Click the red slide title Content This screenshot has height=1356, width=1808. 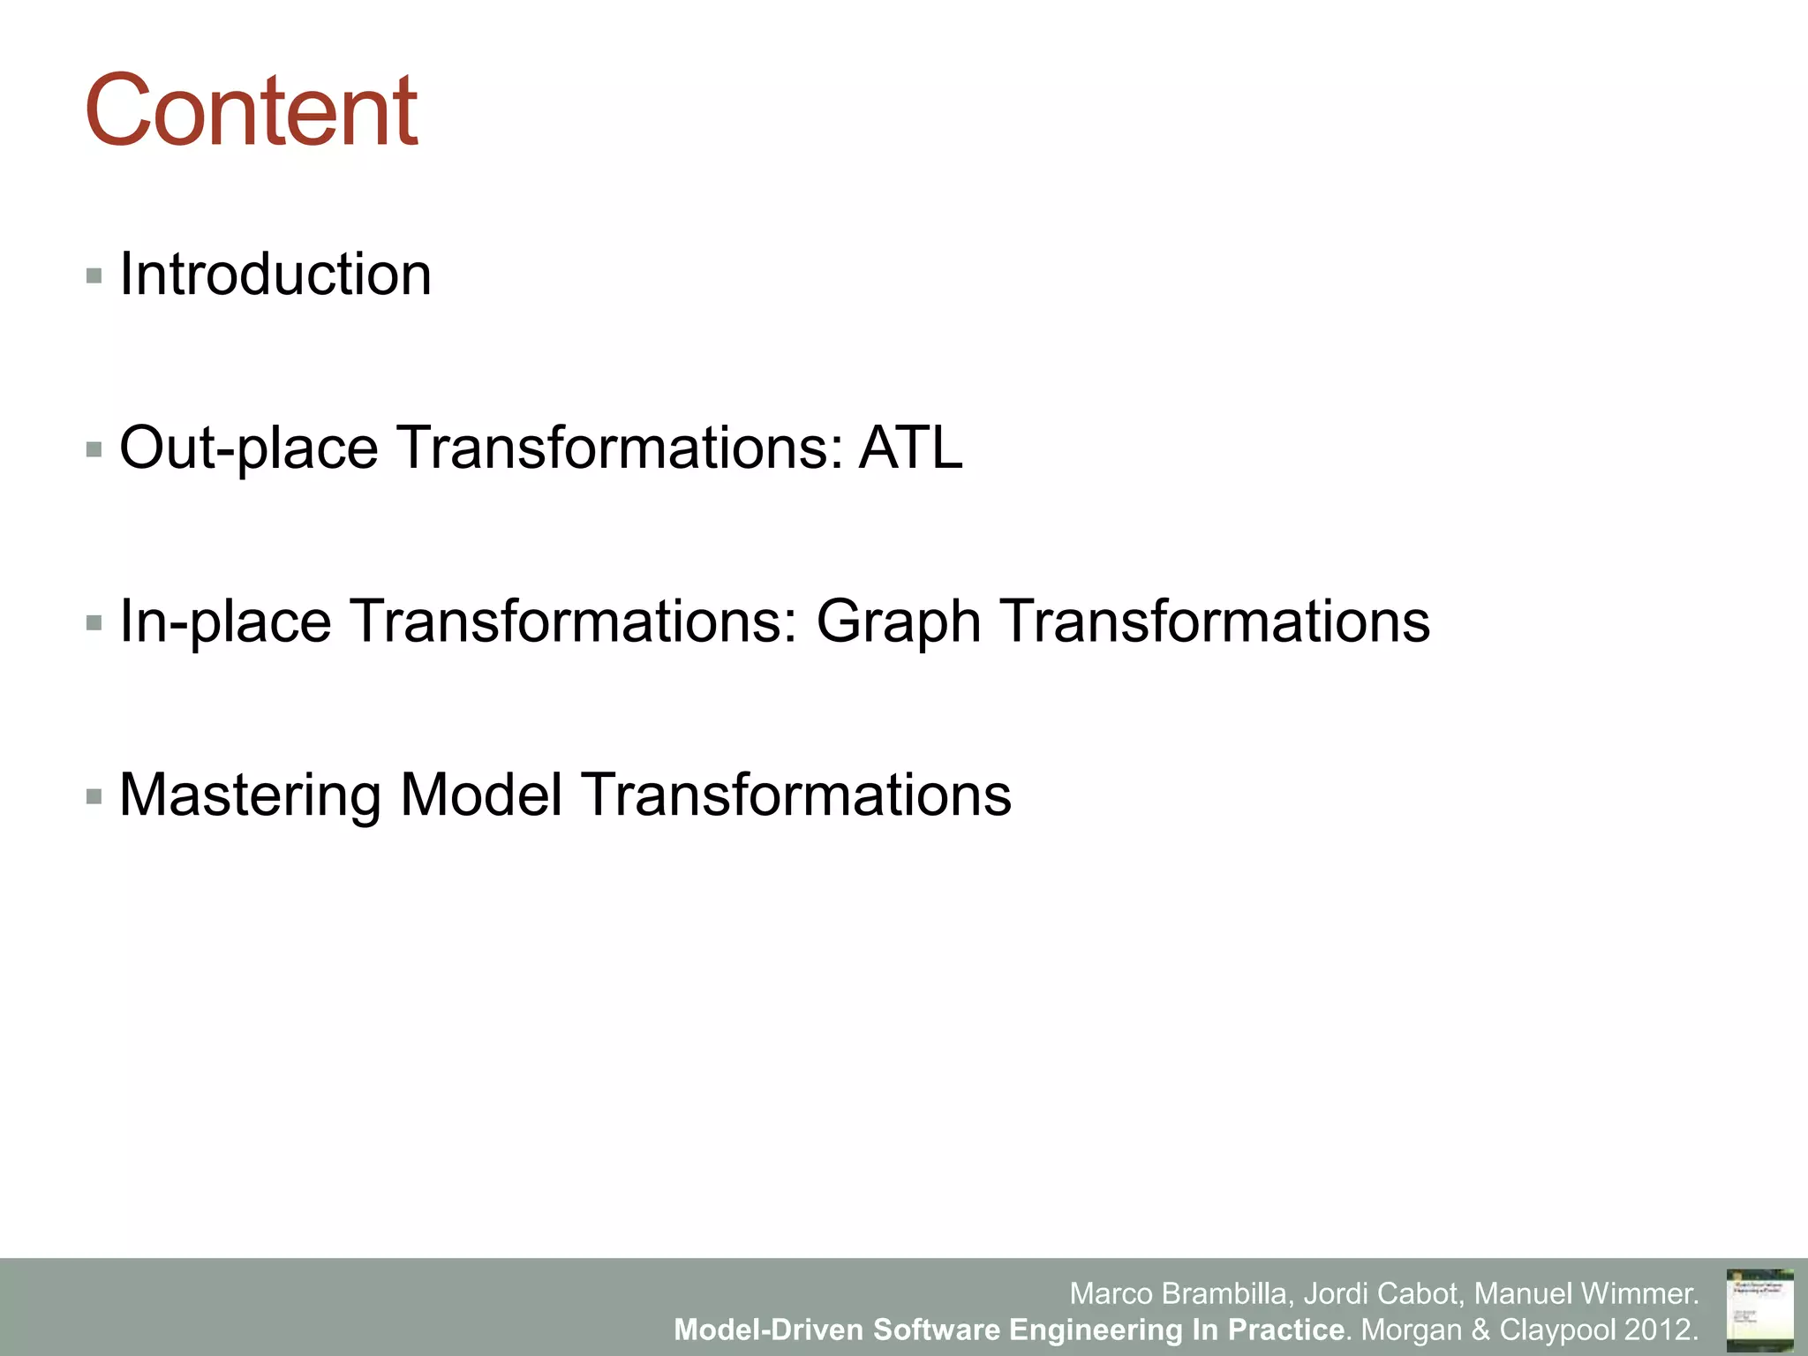click(251, 111)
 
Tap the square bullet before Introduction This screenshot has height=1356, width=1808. click(94, 275)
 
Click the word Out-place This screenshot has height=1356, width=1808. click(248, 448)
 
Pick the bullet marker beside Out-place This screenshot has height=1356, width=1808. click(94, 449)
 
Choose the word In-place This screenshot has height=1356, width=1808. click(225, 621)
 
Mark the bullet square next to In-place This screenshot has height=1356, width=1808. click(94, 623)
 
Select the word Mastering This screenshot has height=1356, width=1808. click(250, 795)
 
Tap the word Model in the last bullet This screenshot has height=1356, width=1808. click(481, 795)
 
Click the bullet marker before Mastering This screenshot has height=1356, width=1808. click(94, 797)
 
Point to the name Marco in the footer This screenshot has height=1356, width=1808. click(1111, 1293)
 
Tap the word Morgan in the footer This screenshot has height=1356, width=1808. click(1411, 1330)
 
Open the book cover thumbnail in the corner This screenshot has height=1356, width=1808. click(1759, 1310)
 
